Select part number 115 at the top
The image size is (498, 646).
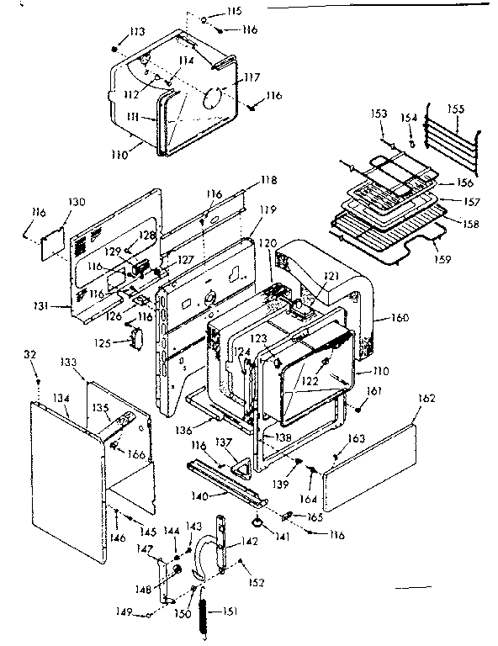click(233, 11)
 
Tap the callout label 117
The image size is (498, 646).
click(252, 78)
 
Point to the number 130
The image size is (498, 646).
click(77, 202)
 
